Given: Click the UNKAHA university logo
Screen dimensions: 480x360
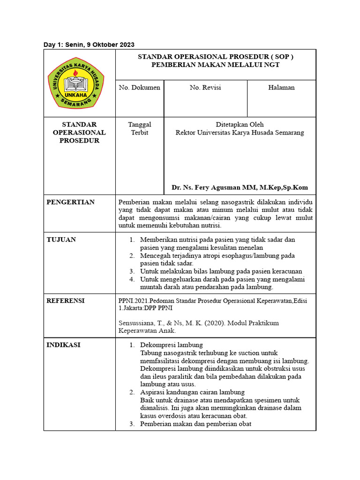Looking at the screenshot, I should point(76,82).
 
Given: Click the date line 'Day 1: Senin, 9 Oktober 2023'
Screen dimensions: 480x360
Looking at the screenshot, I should point(89,45).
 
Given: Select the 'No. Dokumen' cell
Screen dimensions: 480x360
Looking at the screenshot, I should point(140,88).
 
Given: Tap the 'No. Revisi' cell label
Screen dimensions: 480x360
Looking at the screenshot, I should point(205,88).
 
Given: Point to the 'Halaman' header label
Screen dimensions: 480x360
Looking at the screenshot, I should point(281,88).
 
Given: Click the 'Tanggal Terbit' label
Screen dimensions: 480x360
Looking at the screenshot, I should point(140,128).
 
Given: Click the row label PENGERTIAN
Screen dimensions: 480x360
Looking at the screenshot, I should point(70,202).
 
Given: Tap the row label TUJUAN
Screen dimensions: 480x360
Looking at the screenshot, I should point(61,240).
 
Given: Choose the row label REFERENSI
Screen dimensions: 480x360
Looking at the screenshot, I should point(66,301).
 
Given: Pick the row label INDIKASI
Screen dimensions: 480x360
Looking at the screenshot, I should point(63,345).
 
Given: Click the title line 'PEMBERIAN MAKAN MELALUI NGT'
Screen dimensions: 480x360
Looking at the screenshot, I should point(215,65).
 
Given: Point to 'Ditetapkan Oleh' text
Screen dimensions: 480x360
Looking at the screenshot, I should point(240,125).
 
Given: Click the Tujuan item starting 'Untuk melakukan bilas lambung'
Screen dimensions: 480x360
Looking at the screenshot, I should point(221,271).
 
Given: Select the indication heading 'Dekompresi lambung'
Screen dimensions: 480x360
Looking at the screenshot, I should point(171,345).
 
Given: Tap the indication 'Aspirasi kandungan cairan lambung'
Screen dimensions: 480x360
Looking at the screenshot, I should point(192,392).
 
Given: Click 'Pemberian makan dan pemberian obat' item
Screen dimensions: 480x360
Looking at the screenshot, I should point(195,424).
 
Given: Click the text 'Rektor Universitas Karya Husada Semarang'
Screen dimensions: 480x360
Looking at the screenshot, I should point(240,133).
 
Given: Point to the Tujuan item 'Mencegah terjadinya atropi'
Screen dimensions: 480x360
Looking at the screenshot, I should point(217,255).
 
